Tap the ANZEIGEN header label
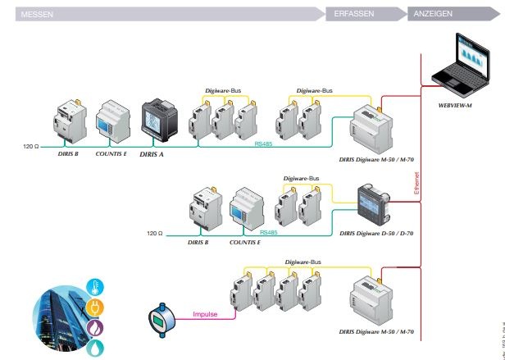click(434, 14)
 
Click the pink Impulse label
click(206, 313)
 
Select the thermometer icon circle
click(96, 286)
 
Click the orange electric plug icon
click(96, 306)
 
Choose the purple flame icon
click(96, 326)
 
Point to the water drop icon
click(96, 347)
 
